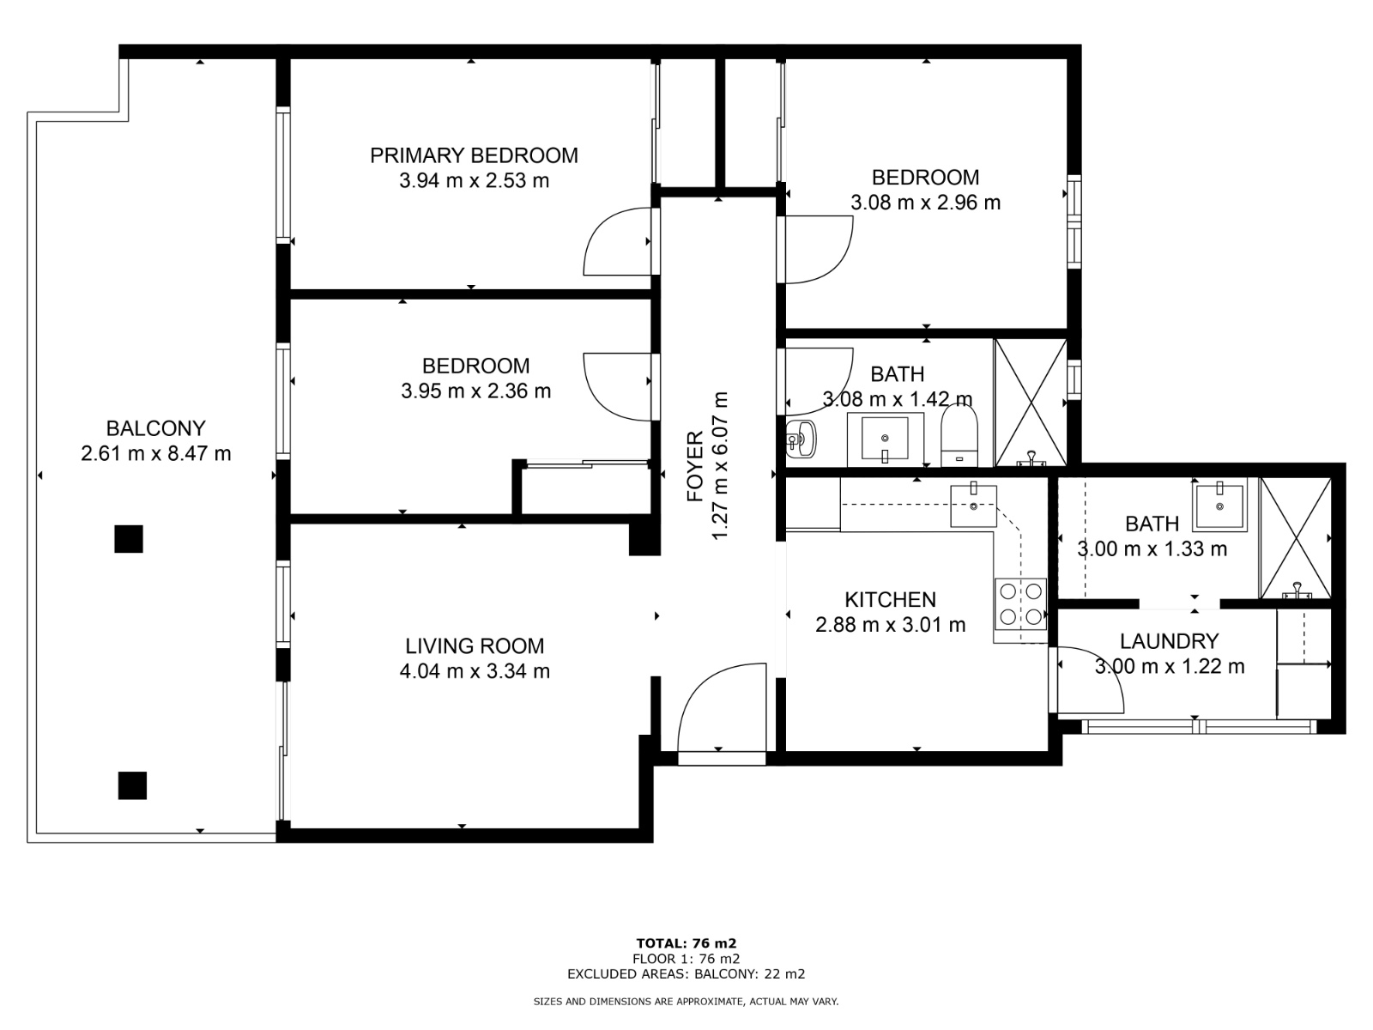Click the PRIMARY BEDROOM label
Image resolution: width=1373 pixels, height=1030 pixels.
click(x=474, y=155)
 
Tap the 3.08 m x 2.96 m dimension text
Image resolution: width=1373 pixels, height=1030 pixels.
click(x=925, y=203)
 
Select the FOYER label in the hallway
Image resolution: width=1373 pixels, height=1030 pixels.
click(x=695, y=466)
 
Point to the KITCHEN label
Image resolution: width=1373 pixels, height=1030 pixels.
click(x=890, y=600)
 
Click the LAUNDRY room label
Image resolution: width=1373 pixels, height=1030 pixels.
click(x=1169, y=641)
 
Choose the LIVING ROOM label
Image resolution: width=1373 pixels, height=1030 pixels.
click(x=475, y=645)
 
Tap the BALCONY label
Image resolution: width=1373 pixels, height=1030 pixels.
click(x=156, y=428)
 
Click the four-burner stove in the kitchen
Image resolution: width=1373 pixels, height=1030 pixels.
click(x=1020, y=604)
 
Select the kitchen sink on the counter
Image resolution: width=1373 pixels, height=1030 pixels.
click(x=973, y=506)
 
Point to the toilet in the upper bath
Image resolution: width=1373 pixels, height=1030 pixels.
click(x=959, y=435)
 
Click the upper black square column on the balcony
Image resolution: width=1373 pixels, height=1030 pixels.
click(x=129, y=539)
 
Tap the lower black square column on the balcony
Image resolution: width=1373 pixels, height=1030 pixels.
click(x=133, y=785)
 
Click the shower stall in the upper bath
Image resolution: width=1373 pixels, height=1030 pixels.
click(x=1031, y=403)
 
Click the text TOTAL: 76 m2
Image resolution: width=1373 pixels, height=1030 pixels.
click(x=686, y=943)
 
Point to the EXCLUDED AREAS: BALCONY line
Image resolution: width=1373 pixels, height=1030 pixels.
click(x=686, y=973)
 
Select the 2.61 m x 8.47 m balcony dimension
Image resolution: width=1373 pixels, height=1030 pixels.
click(x=156, y=453)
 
